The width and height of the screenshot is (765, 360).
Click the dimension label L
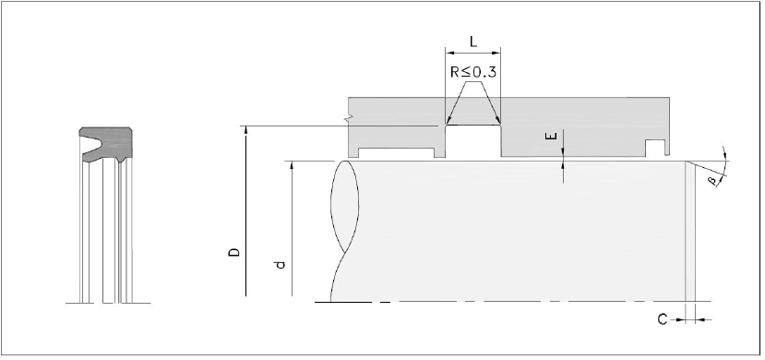pyautogui.click(x=473, y=41)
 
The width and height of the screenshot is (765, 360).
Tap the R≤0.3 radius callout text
pyautogui.click(x=472, y=72)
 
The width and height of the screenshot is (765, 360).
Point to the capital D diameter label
pyautogui.click(x=234, y=252)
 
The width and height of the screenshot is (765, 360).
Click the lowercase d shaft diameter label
pyautogui.click(x=280, y=265)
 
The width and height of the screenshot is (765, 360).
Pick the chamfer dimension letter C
pyautogui.click(x=662, y=319)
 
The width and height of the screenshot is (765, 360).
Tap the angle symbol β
pyautogui.click(x=712, y=182)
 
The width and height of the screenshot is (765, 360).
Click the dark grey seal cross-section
pyautogui.click(x=106, y=145)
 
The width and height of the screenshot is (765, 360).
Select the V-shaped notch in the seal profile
pyautogui.click(x=90, y=143)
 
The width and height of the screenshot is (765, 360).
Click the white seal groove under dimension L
pyautogui.click(x=473, y=141)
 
